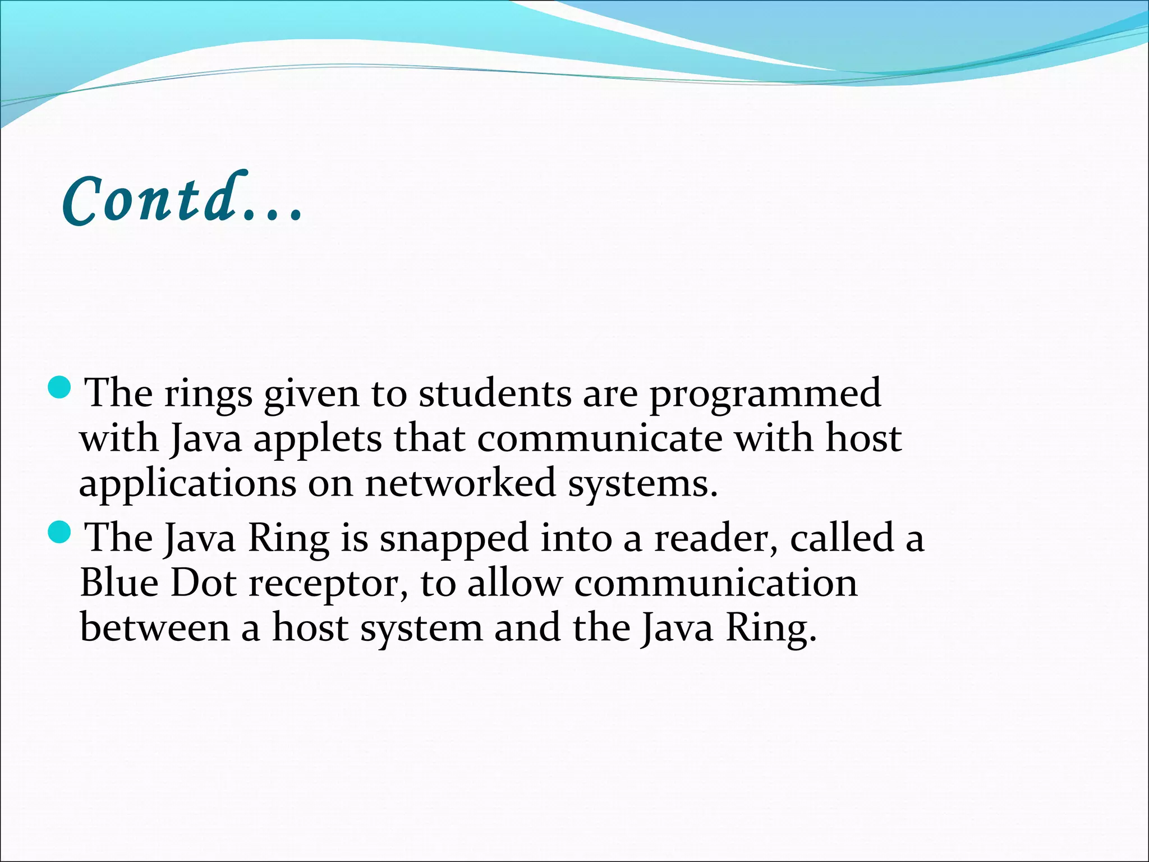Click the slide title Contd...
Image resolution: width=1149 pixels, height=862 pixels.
(x=182, y=200)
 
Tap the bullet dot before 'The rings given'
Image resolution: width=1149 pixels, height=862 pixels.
(x=59, y=388)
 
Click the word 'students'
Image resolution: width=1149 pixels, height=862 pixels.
(x=495, y=393)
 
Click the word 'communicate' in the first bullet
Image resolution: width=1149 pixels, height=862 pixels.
(x=600, y=438)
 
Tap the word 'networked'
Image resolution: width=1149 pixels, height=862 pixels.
(x=460, y=483)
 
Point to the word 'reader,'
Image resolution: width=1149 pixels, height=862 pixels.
(x=716, y=539)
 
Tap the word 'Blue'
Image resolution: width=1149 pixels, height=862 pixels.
(x=119, y=583)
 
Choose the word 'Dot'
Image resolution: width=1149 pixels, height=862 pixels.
(x=203, y=583)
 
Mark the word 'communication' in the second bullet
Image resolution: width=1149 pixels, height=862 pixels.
(x=716, y=583)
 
